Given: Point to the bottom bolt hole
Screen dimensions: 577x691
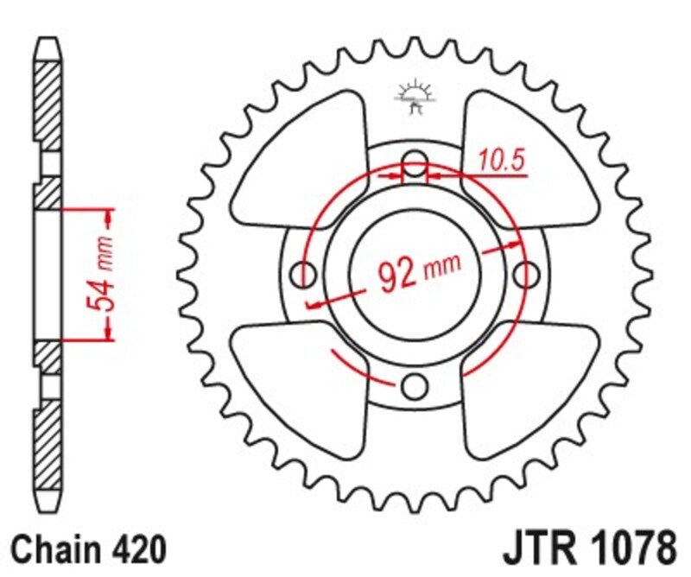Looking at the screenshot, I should (x=415, y=384).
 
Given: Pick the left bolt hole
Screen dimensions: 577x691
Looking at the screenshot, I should (x=305, y=275).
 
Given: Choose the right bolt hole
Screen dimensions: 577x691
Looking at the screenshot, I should (x=525, y=275).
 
